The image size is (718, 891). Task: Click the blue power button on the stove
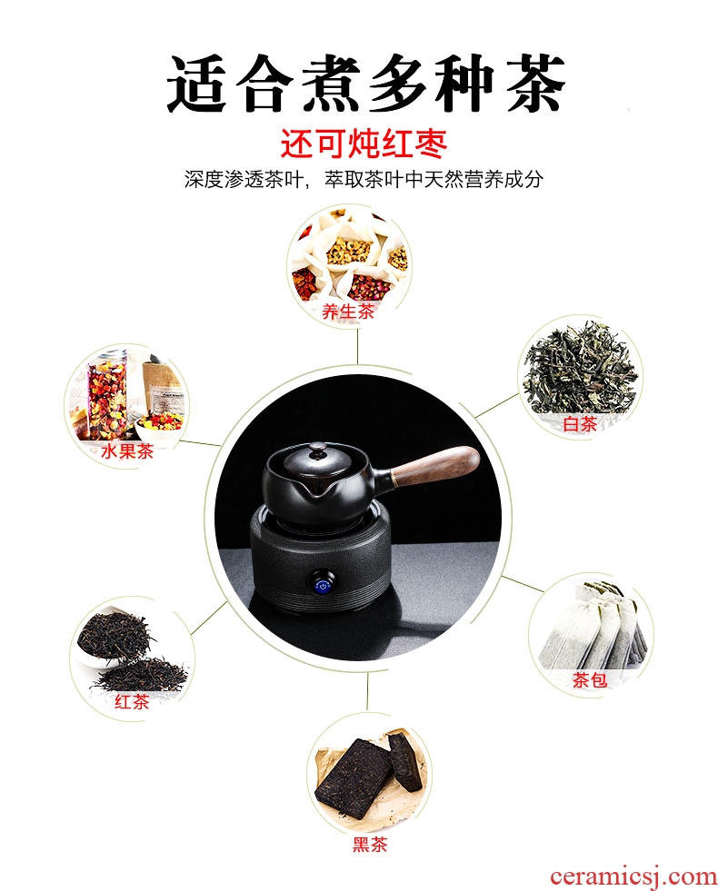pyautogui.click(x=323, y=586)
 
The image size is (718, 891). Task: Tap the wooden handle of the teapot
pyautogui.click(x=435, y=462)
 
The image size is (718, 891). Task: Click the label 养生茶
pyautogui.click(x=348, y=312)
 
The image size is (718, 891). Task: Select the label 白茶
pyautogui.click(x=580, y=424)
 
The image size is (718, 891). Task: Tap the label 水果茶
pyautogui.click(x=127, y=451)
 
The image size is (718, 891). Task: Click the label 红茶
pyautogui.click(x=132, y=701)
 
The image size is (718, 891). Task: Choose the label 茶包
pyautogui.click(x=590, y=679)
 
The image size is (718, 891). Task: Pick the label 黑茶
pyautogui.click(x=370, y=845)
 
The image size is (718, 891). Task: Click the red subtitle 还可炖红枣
pyautogui.click(x=364, y=144)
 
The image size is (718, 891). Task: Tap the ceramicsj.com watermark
pyautogui.click(x=633, y=876)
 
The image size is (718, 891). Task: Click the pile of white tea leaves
pyautogui.click(x=580, y=370)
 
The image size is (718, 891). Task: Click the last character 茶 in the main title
pyautogui.click(x=535, y=83)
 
